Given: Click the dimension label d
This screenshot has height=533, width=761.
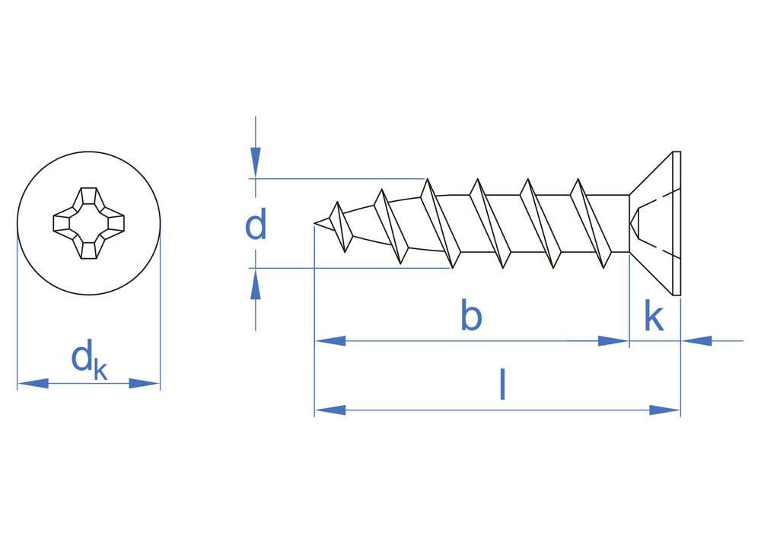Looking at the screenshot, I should click(x=256, y=225).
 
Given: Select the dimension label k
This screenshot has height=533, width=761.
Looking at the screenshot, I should click(x=653, y=316).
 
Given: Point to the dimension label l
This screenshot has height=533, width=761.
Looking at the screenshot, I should click(x=502, y=385).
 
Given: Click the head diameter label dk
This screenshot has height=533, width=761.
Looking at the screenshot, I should click(x=88, y=359).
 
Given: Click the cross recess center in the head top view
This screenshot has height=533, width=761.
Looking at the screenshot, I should click(x=88, y=223).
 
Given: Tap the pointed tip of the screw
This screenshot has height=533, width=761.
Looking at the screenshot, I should click(x=317, y=223).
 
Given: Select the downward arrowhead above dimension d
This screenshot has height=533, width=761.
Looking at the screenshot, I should click(x=256, y=162).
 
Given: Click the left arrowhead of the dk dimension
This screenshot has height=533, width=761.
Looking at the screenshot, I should click(x=32, y=384).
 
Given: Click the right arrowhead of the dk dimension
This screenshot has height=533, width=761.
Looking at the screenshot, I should click(x=145, y=384).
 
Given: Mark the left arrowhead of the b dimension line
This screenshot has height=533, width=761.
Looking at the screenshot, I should click(x=330, y=341).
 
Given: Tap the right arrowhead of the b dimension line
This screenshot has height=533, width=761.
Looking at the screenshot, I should click(x=613, y=341).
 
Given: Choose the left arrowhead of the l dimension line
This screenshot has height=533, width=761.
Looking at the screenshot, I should click(x=330, y=410).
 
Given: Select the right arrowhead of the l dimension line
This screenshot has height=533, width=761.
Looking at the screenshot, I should click(x=664, y=410).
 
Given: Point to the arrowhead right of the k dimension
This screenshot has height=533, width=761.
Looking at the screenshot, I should click(x=696, y=341).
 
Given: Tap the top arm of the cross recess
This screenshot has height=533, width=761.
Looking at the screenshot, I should click(x=88, y=196).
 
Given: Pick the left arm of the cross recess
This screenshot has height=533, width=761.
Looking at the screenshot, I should click(x=62, y=223).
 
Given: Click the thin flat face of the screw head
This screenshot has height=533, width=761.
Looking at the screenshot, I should click(x=677, y=223).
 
